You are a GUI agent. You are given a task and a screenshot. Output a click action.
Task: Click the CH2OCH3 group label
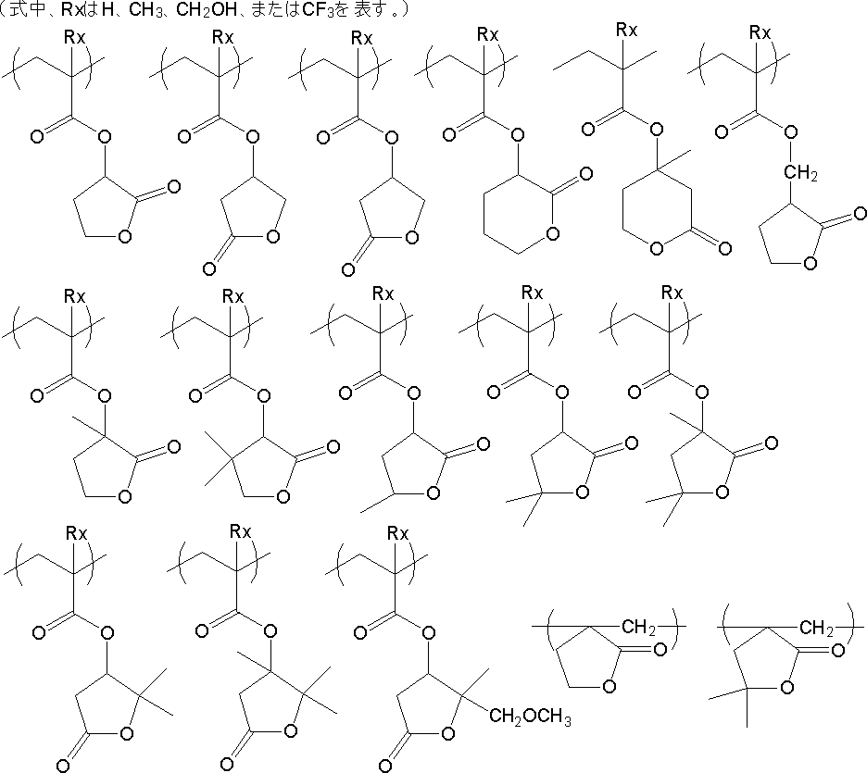[531, 717]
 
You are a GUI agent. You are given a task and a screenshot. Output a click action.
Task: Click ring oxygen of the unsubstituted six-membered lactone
[552, 231]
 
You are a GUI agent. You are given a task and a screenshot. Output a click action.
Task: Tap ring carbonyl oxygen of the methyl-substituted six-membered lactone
[723, 248]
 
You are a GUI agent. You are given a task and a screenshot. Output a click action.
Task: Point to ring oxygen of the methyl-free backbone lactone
[608, 687]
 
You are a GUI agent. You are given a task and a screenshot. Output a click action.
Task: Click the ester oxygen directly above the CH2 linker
[790, 131]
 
